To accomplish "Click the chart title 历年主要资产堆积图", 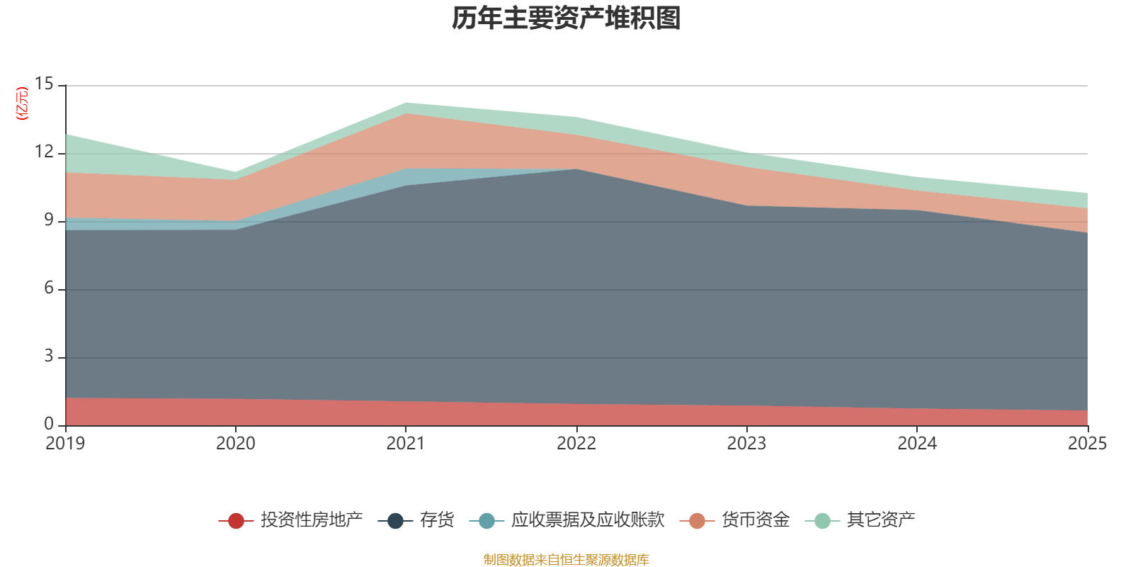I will point(566,18).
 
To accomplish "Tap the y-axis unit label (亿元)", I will point(22,103).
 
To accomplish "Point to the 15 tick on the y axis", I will point(44,84).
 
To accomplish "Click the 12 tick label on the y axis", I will point(44,152).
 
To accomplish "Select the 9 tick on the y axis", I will point(48,220).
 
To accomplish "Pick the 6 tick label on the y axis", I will point(48,288).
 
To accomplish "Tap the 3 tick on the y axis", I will point(48,357).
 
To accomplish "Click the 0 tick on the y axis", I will point(48,424).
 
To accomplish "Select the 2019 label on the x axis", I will point(65,444).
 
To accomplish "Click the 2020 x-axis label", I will point(236,444).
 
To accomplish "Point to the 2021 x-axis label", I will point(406,444).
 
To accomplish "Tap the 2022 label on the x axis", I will point(576,444).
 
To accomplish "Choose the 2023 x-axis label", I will point(746,444).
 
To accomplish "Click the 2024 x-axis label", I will point(917,444).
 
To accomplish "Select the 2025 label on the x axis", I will point(1087,444).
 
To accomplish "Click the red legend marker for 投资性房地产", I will point(236,520).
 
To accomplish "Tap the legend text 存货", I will point(436,520).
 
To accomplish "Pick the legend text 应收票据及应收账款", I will point(588,520).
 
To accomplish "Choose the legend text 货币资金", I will point(756,520).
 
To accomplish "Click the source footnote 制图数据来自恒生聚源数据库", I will point(566,560).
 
